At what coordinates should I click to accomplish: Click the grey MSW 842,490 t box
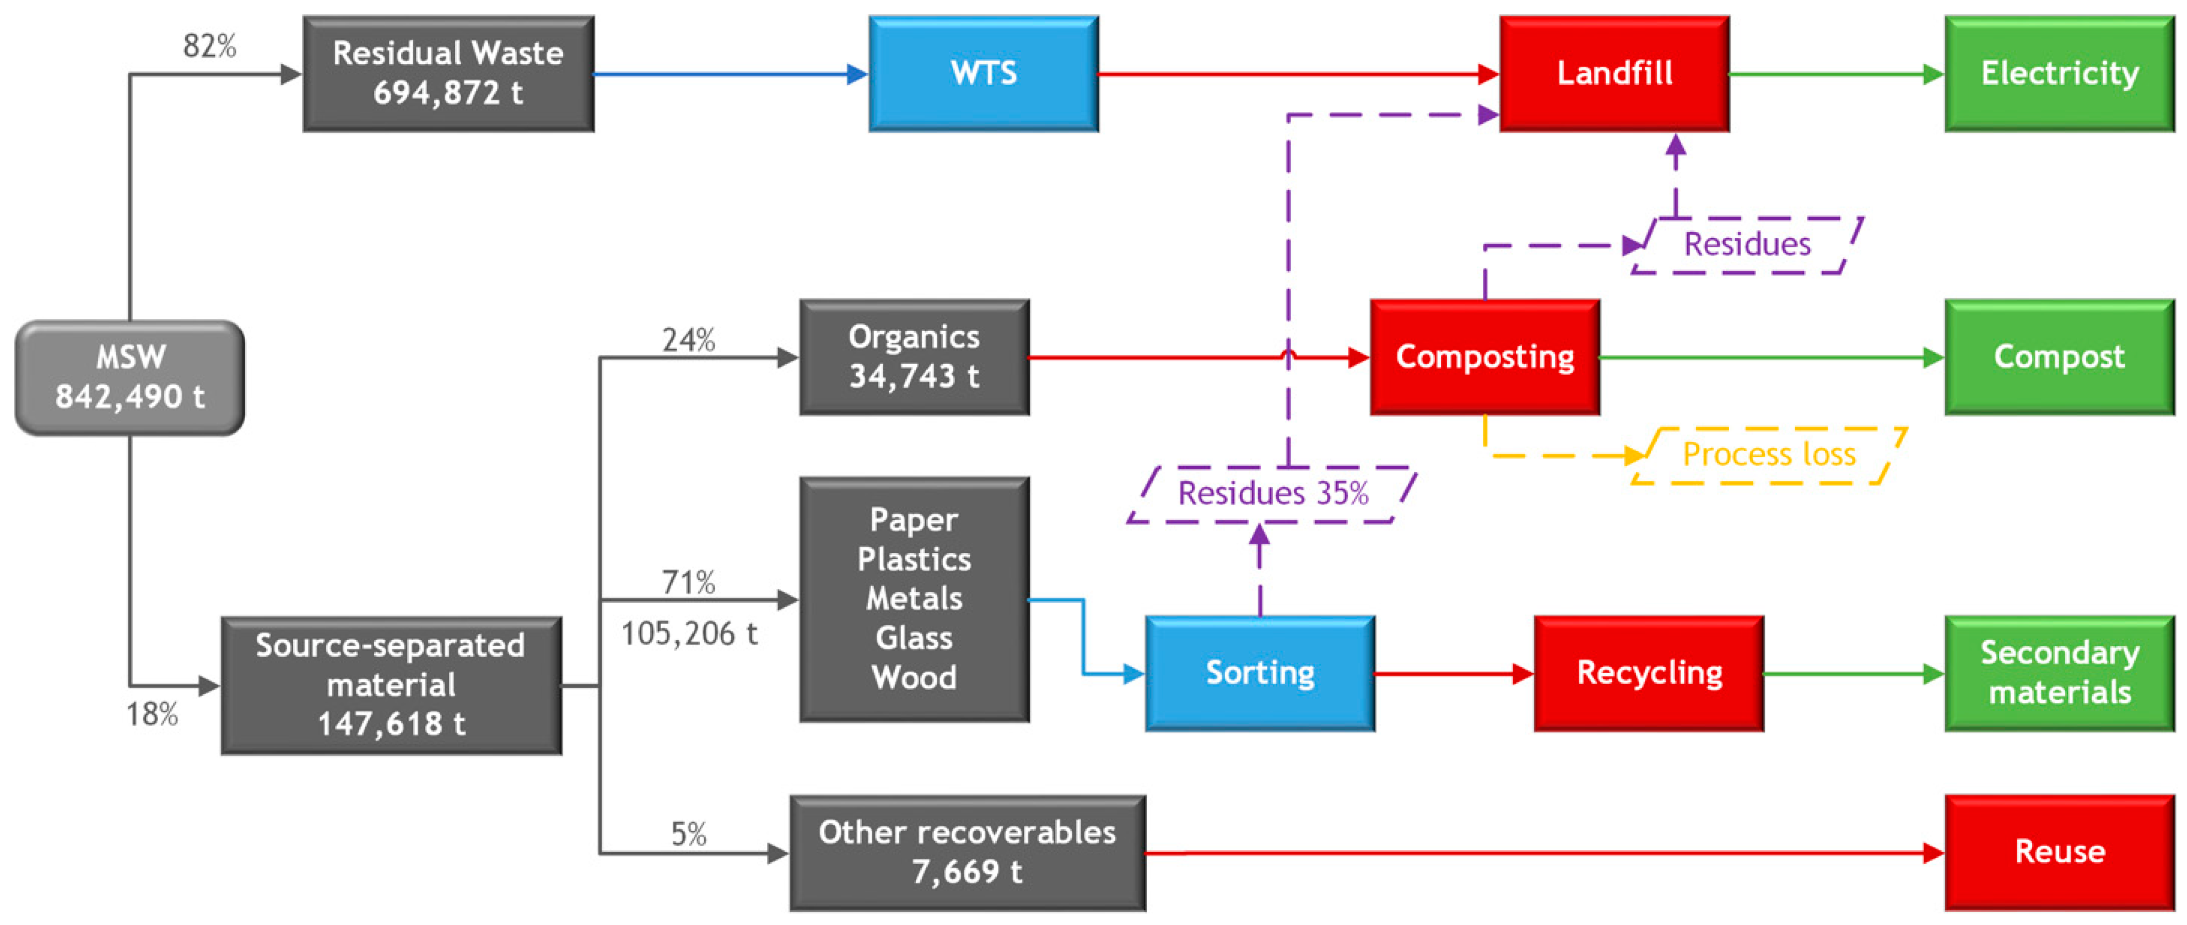(x=130, y=377)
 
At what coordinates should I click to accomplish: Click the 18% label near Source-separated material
(x=152, y=715)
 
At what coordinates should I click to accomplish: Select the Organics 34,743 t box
(x=914, y=357)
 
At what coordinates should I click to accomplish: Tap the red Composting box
(x=1485, y=357)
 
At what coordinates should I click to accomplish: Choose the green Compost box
(x=2059, y=357)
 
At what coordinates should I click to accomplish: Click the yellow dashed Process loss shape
(x=1769, y=456)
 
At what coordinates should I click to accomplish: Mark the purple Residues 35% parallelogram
(x=1272, y=494)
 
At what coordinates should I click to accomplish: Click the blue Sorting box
(x=1260, y=674)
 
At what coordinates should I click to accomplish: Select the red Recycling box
(x=1649, y=674)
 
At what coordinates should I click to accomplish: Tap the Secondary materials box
(x=2059, y=674)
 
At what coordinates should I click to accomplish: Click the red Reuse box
(x=2059, y=852)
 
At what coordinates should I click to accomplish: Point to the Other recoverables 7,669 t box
(x=967, y=853)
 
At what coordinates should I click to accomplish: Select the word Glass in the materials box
(x=914, y=638)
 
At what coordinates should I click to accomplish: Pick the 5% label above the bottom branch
(x=689, y=834)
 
